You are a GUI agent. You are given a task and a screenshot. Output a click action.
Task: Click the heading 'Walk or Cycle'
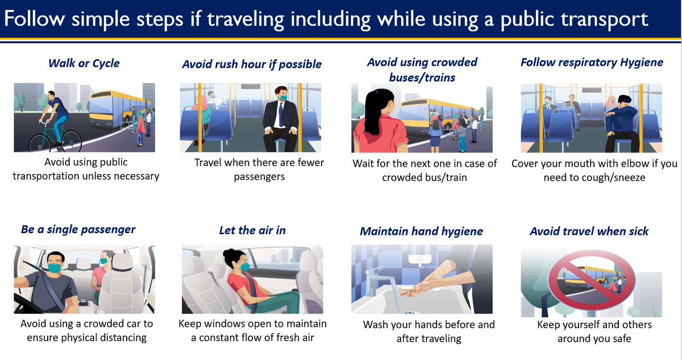click(x=84, y=63)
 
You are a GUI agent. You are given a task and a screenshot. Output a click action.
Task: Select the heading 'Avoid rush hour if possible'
click(x=252, y=64)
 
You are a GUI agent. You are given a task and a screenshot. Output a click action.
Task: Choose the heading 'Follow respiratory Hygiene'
click(x=592, y=63)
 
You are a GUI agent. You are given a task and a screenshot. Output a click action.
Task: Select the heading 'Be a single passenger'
click(x=78, y=229)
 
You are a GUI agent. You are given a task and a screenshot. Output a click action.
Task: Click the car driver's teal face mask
click(x=55, y=268)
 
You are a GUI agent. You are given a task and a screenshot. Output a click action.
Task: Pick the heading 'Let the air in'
click(x=252, y=230)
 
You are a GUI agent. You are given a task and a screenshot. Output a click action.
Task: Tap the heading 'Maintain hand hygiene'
click(x=421, y=231)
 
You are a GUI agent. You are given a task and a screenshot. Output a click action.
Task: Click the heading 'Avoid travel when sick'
click(x=589, y=231)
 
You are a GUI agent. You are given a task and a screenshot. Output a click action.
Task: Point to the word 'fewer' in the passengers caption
click(x=310, y=163)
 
